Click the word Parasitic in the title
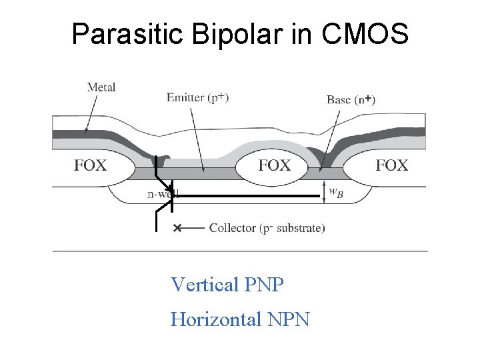[x=127, y=33]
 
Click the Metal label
[x=101, y=87]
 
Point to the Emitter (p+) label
[x=198, y=98]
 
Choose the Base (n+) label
[x=351, y=100]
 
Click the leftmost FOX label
[x=90, y=165]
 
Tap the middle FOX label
[x=275, y=165]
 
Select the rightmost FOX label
[x=392, y=165]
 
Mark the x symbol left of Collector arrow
[x=177, y=228]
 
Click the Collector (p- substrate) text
[x=267, y=228]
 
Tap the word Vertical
[x=205, y=285]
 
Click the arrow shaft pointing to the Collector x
[x=195, y=228]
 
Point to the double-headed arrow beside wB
[x=323, y=190]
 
